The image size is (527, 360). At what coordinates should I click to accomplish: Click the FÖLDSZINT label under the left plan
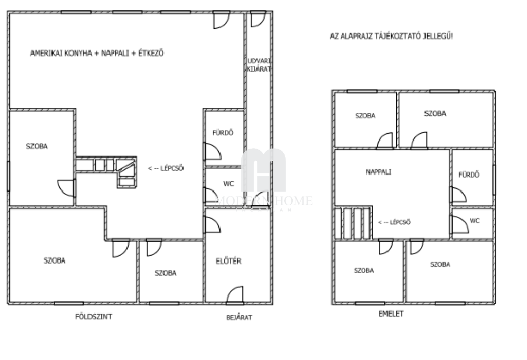click(94, 317)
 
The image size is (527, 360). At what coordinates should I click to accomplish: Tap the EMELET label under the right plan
click(391, 314)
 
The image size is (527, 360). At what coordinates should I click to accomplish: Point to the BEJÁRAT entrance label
click(239, 317)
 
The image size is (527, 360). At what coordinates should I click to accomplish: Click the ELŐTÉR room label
click(229, 261)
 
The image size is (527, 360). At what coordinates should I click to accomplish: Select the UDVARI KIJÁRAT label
click(259, 65)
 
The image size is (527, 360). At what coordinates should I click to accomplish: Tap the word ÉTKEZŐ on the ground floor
click(151, 53)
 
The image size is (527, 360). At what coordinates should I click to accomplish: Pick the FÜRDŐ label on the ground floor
click(223, 133)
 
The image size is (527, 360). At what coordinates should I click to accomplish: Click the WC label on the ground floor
click(229, 184)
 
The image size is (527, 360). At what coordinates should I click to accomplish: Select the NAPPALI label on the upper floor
click(378, 172)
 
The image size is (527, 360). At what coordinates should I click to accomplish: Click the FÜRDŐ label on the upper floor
click(469, 175)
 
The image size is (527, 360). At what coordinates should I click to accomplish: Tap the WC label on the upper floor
click(475, 221)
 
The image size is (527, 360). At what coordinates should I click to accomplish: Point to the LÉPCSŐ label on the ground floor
click(166, 168)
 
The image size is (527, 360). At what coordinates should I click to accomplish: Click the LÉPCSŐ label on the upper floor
click(394, 222)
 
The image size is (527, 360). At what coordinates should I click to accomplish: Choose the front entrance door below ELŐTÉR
click(235, 295)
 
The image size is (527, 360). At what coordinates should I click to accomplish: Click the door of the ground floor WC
click(211, 195)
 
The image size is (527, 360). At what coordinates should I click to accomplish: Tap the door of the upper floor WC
click(460, 224)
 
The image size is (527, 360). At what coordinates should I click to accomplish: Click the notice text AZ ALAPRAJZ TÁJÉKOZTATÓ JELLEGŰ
click(391, 37)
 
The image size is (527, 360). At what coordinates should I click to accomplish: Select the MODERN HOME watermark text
click(264, 201)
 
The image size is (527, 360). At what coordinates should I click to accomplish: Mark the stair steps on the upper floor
click(353, 223)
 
